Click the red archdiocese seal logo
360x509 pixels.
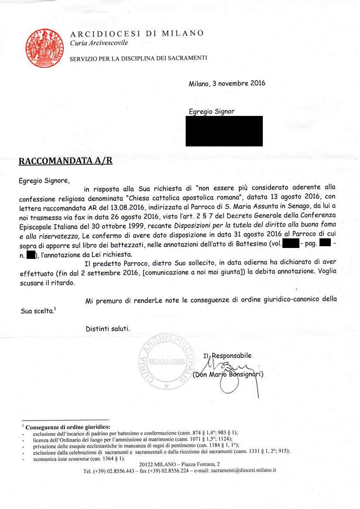tap(43, 46)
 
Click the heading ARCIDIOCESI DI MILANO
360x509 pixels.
tap(137, 34)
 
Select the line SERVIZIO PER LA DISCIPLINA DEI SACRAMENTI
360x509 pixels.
tap(138, 58)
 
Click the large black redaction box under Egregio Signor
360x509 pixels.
tap(224, 131)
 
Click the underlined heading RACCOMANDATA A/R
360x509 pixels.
tap(65, 161)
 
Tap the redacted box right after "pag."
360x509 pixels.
tap(325, 244)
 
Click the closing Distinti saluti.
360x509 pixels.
tap(108, 328)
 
